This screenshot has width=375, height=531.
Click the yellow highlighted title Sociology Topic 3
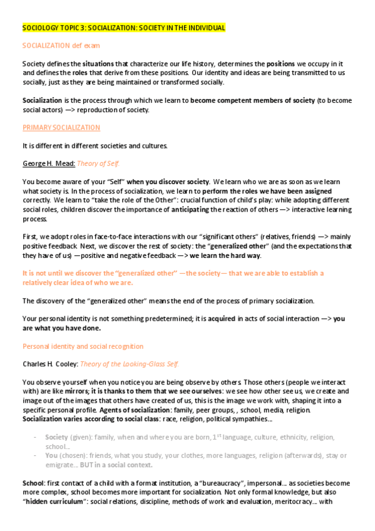[x=123, y=28]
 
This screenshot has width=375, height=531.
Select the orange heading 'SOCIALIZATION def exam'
[x=61, y=46]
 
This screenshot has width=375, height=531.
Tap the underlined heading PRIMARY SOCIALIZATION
[x=61, y=128]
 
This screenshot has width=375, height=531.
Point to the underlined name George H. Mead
[x=48, y=164]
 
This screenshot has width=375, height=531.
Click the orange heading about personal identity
[x=83, y=346]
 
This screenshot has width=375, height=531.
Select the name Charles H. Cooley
[x=51, y=364]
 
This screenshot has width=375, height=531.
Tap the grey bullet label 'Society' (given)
[x=57, y=437]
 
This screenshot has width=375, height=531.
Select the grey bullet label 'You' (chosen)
[x=51, y=456]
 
